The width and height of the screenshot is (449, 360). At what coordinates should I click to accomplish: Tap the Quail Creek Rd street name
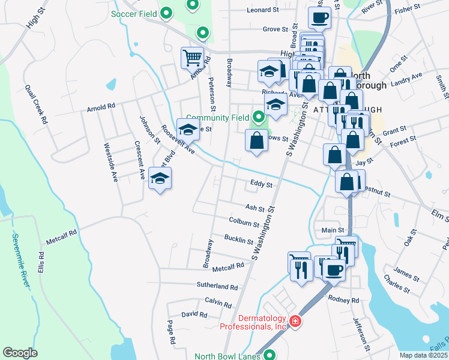tap(36, 104)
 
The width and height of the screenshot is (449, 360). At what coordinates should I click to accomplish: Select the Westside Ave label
tap(111, 162)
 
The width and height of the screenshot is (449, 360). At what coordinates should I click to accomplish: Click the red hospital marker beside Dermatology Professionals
tap(295, 322)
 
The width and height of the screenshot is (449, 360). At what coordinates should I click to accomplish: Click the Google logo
tap(20, 353)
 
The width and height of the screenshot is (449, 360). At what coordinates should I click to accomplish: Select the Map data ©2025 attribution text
tap(423, 355)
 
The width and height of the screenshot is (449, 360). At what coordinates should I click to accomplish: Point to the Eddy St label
tap(262, 185)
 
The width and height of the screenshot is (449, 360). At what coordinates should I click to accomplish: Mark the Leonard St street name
tap(263, 10)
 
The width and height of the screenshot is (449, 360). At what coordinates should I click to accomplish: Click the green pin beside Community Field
tap(259, 117)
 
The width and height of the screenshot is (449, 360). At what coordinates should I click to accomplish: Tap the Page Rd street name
tap(171, 332)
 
